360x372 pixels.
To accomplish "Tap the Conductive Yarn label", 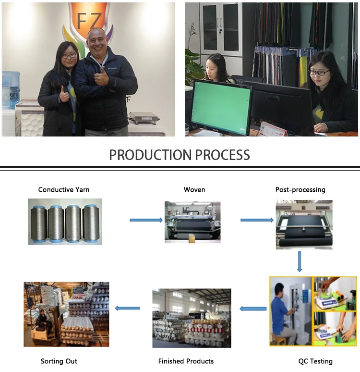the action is click(x=64, y=190).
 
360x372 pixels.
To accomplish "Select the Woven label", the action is click(x=194, y=190).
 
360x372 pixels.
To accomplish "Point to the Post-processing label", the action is click(x=300, y=190).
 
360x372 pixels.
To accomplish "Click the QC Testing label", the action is click(x=315, y=361).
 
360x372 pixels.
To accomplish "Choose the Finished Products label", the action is click(x=186, y=361).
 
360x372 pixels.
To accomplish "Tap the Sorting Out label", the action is click(x=59, y=361).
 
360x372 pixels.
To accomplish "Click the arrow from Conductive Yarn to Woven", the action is click(x=146, y=220).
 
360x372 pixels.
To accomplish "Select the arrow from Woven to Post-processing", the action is click(x=257, y=220).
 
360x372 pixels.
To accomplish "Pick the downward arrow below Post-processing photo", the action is click(x=300, y=261).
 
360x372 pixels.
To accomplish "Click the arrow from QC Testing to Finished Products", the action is click(x=253, y=309).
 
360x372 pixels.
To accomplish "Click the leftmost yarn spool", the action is click(x=39, y=223).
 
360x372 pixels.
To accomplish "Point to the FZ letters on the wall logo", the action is click(x=90, y=20).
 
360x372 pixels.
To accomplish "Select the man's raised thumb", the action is click(x=101, y=72).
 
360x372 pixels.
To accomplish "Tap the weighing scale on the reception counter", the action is click(x=144, y=117).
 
